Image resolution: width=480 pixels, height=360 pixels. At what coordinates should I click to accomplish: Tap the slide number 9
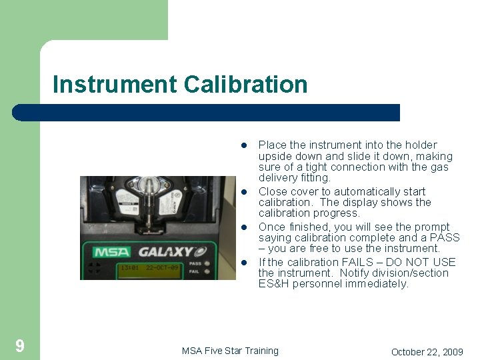click(x=20, y=345)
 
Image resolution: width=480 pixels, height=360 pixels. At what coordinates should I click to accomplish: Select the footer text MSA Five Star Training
click(x=230, y=351)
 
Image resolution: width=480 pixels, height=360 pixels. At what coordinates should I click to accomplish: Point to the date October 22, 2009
click(x=427, y=351)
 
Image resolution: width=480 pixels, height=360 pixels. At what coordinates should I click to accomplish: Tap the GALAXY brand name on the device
click(x=165, y=252)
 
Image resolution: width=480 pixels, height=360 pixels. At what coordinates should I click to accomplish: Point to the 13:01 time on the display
click(x=129, y=268)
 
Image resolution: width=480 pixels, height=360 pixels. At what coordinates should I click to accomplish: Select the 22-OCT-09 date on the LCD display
click(x=163, y=268)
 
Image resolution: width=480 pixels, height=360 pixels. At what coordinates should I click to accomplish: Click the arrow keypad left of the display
click(x=96, y=268)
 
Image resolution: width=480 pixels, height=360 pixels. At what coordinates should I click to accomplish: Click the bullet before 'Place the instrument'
click(x=245, y=145)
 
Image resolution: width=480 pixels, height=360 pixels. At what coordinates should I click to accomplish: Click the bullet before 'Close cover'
click(x=245, y=192)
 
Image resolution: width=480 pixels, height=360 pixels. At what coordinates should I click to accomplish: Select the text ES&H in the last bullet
click(x=273, y=284)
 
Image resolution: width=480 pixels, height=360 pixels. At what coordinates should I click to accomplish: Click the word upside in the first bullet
click(x=274, y=156)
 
